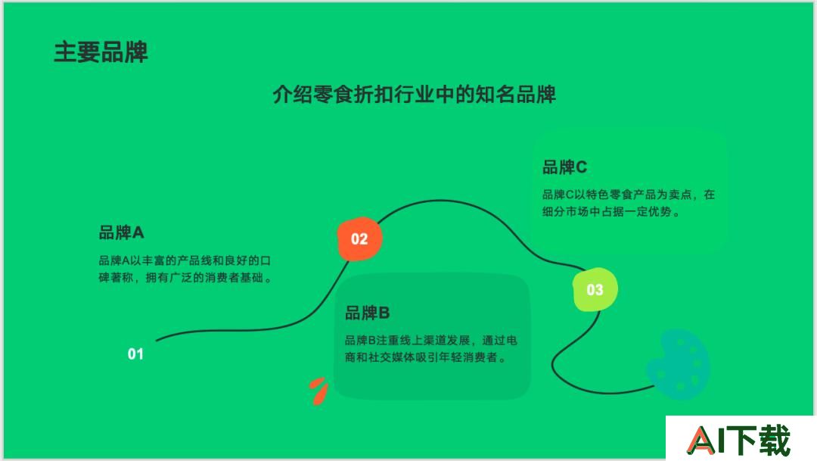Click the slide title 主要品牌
click(101, 52)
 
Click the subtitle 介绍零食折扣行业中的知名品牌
click(415, 95)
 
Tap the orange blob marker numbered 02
click(359, 239)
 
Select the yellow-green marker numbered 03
click(595, 289)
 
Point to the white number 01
click(135, 354)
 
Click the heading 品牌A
click(121, 232)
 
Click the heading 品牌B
click(368, 313)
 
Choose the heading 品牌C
click(565, 167)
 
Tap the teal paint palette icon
click(679, 365)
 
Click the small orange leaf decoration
click(318, 391)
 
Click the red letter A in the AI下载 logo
click(701, 441)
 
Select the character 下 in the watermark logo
click(741, 441)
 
